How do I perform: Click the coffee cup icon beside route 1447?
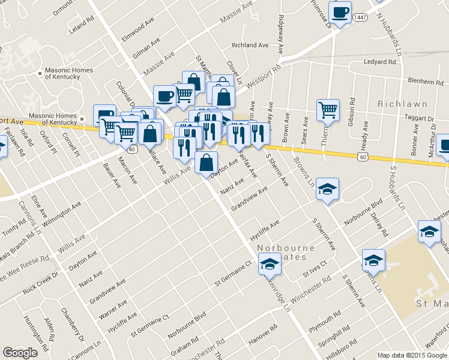point(341,13)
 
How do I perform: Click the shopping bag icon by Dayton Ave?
point(206,163)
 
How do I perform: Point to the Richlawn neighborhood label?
point(401,104)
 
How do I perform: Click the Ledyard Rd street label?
point(380,62)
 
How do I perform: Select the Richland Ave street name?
point(250,45)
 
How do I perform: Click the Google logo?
point(20,352)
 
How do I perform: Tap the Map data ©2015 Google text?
point(412,355)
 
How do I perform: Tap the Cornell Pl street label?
point(71,145)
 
